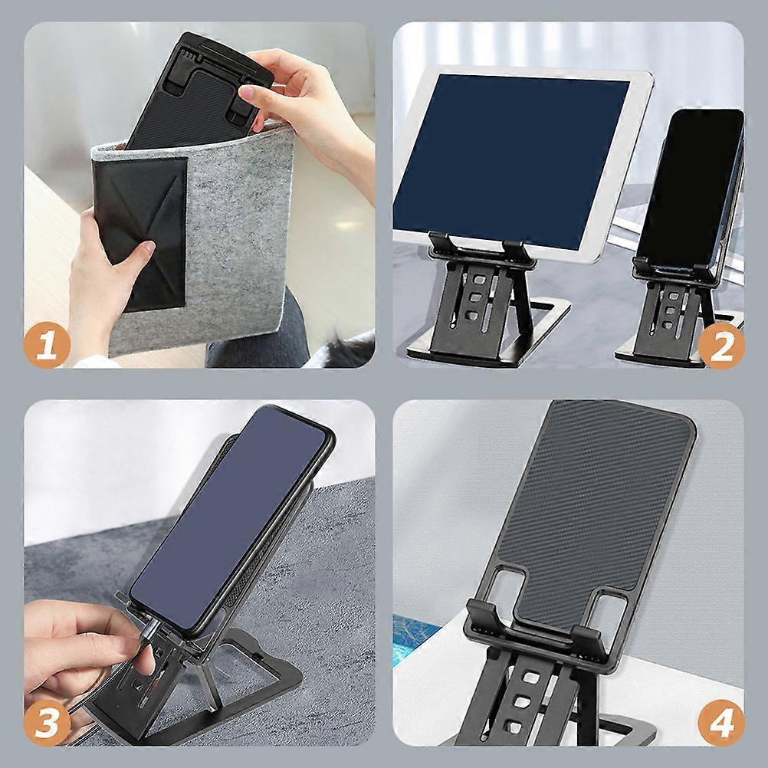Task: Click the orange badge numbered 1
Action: click(47, 346)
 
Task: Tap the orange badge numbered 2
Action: click(721, 346)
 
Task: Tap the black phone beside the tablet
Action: click(691, 191)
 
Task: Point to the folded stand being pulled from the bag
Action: click(199, 90)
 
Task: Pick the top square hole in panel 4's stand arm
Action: click(530, 678)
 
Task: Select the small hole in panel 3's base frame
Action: click(256, 655)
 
